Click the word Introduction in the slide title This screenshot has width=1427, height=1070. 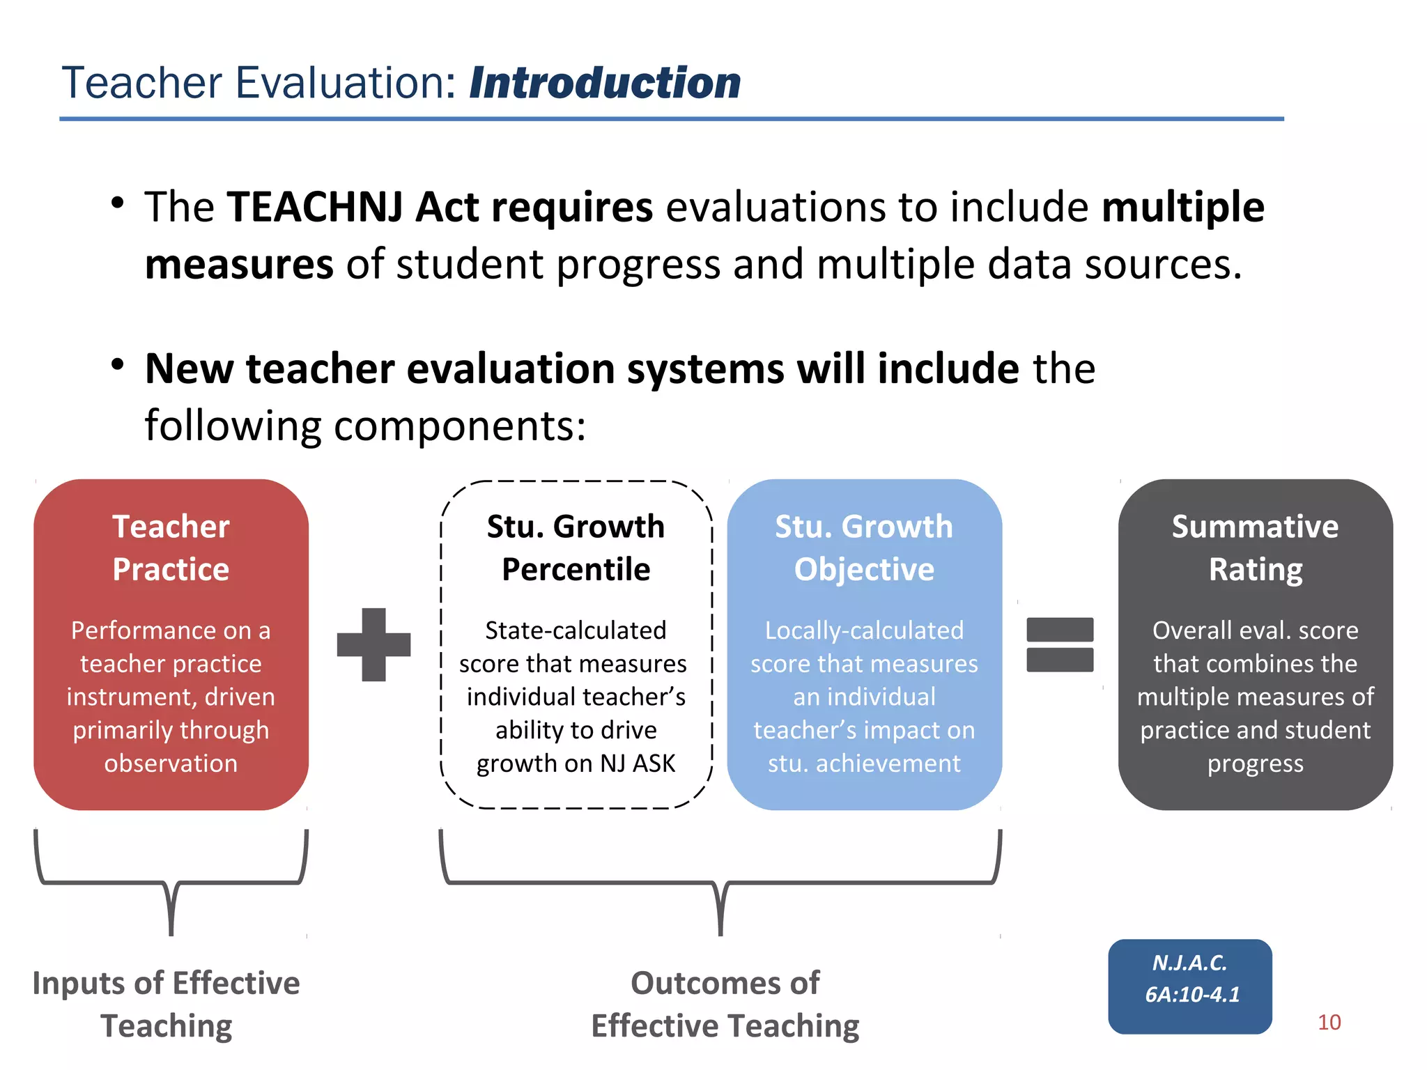click(605, 84)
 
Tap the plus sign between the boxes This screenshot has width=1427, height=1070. click(373, 644)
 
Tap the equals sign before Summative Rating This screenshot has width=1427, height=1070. click(1060, 644)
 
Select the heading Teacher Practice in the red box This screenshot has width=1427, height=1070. click(171, 548)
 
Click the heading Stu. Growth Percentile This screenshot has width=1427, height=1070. click(576, 548)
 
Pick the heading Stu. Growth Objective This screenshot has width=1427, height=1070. click(864, 548)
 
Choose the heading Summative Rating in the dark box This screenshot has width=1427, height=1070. click(1255, 548)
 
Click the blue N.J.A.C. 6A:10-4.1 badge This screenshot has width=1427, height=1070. click(1190, 986)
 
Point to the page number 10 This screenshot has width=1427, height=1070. click(1329, 1022)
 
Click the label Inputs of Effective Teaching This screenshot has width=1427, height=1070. click(167, 1004)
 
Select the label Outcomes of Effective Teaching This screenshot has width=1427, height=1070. click(725, 1004)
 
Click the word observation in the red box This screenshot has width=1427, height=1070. click(171, 763)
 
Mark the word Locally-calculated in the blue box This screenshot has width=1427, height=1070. click(864, 630)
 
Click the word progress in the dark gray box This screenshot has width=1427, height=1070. click(1255, 763)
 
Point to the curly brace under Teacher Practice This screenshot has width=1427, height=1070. click(171, 883)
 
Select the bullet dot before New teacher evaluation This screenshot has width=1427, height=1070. click(117, 364)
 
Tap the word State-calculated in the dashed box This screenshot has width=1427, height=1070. click(576, 630)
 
